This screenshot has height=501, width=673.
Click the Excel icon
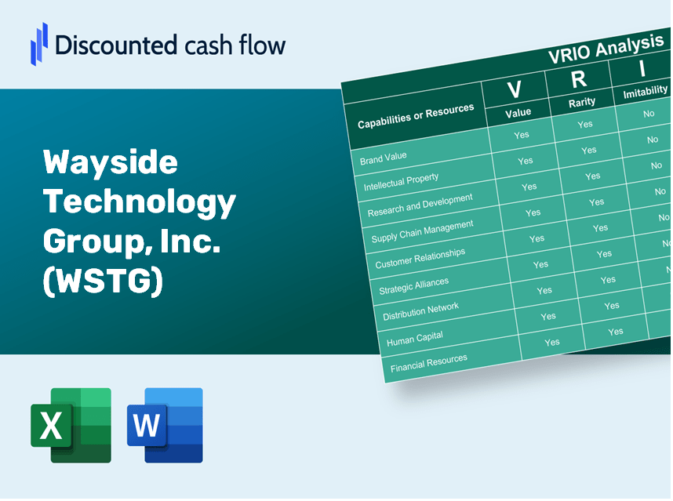point(71,425)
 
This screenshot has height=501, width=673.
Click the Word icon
point(165,425)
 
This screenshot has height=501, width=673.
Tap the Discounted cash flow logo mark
point(38,42)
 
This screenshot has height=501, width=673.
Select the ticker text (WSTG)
point(103,283)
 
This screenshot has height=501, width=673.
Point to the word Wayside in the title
point(111,163)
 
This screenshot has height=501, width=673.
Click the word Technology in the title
point(140,202)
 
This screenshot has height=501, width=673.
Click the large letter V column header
point(514,89)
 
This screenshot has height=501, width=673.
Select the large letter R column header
point(578,79)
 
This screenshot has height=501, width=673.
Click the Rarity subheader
point(582,102)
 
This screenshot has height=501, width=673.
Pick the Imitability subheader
point(645,93)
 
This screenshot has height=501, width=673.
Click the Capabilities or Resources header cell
point(416,117)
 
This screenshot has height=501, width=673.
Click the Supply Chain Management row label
point(422,231)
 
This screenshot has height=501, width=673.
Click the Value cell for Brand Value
point(522,135)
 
